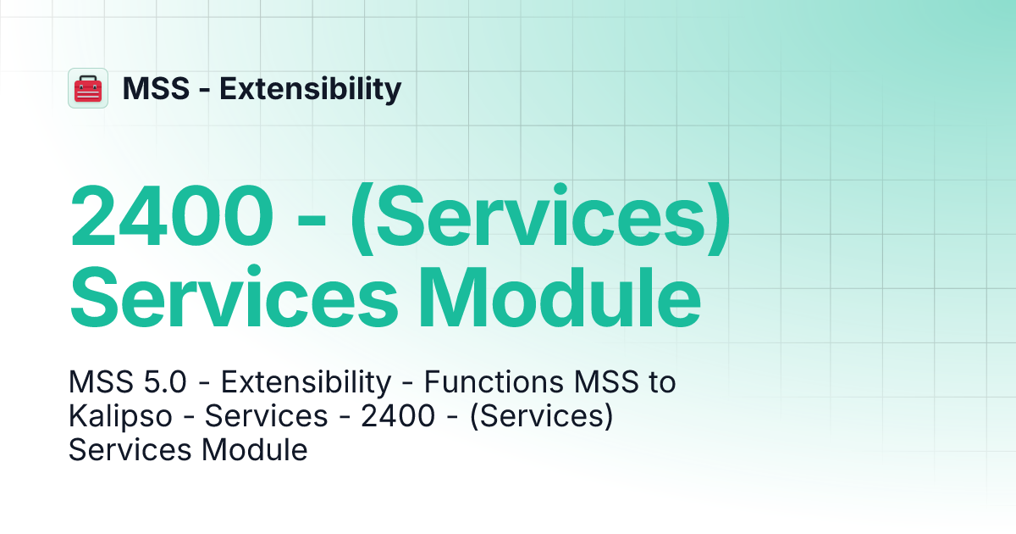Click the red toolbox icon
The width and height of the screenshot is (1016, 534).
tap(88, 88)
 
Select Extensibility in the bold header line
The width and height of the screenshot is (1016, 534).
tap(311, 88)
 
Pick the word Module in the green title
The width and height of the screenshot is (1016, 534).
tap(560, 298)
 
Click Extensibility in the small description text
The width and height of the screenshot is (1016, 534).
tap(306, 383)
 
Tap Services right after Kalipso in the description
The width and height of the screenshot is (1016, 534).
tap(266, 416)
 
